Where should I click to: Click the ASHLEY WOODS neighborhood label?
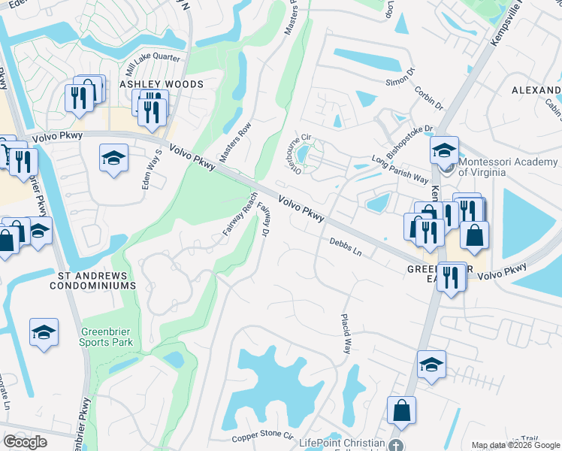coord(161,85)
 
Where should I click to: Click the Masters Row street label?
coord(234,144)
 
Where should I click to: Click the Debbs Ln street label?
coord(346,247)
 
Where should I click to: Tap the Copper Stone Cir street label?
coord(262,435)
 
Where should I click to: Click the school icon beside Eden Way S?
coord(113,158)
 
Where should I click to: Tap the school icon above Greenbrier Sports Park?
coord(44,332)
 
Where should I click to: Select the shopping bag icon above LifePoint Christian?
coord(401,411)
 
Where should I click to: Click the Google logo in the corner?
coord(25,442)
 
